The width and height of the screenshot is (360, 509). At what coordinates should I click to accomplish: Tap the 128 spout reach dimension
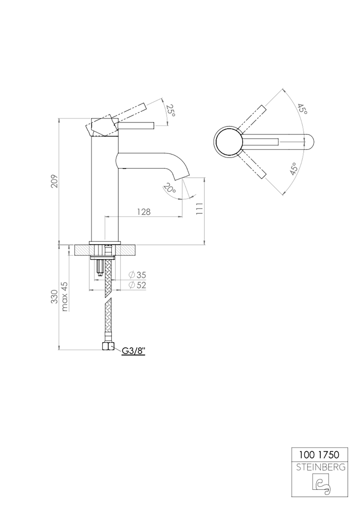point(144,212)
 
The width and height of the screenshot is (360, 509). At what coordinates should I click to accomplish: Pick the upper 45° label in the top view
point(302,109)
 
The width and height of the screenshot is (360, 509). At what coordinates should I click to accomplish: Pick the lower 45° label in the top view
point(294,169)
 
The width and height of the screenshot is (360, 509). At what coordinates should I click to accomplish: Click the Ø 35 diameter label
point(137,275)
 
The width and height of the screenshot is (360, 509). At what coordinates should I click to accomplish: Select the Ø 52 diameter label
point(137,285)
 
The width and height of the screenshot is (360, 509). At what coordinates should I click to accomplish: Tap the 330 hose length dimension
point(54,296)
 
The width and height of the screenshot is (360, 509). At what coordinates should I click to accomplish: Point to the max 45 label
point(65,296)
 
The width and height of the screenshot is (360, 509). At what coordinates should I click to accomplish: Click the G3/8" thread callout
point(134,350)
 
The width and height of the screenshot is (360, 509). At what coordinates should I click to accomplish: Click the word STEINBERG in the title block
point(320,467)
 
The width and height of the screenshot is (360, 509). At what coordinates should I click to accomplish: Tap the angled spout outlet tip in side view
point(181,174)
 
